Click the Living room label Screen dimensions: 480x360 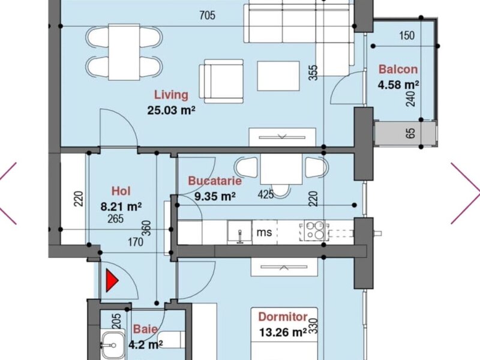[x=171, y=95]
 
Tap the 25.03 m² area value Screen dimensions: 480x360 [x=171, y=110]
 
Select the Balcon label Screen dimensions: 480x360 [x=398, y=69]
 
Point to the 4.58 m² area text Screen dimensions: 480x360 [x=398, y=85]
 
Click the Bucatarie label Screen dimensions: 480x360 [x=215, y=181]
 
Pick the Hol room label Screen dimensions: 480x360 [x=121, y=191]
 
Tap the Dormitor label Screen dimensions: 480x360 [x=283, y=317]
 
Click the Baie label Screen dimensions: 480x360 [x=145, y=329]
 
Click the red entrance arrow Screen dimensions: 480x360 [x=112, y=280]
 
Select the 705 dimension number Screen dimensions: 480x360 [x=207, y=15]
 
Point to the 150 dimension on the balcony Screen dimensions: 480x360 [x=407, y=35]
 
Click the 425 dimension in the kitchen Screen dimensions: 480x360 [x=266, y=194]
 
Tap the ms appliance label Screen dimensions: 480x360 [x=264, y=232]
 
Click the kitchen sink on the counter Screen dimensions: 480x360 [x=239, y=232]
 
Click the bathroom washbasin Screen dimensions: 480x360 [x=112, y=344]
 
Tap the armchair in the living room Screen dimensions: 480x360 [x=221, y=81]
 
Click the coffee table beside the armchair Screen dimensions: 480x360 [x=278, y=76]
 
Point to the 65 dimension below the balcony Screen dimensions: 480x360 [x=411, y=133]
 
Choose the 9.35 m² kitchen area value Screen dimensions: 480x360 [x=215, y=196]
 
